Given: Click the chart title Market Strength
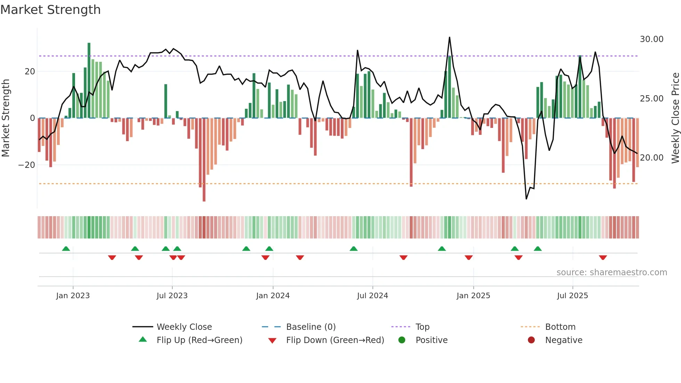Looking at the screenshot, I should [x=50, y=10].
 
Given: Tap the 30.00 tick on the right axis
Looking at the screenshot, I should [x=651, y=39].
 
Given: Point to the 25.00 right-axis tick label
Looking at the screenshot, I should [x=651, y=99].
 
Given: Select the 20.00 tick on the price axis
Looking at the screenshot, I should [x=651, y=158].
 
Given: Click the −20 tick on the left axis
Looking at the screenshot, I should [x=27, y=165].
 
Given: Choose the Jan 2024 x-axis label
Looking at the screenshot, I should [x=273, y=296].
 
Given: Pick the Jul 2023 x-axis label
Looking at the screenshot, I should [x=172, y=296].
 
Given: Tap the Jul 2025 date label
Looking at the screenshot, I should [x=572, y=296].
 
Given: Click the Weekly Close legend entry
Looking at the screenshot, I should [x=184, y=327].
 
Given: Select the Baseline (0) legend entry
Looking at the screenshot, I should [x=311, y=327].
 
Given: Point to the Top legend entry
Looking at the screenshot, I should [x=422, y=327].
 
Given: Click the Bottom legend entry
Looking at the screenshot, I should [x=560, y=327].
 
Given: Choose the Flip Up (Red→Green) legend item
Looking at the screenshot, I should [x=199, y=340].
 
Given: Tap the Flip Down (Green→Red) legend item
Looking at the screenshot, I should [x=335, y=340].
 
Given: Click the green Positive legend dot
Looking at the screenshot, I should [x=402, y=340].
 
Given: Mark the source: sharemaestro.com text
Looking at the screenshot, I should [x=612, y=272].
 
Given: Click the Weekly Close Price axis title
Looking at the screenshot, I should [x=675, y=118].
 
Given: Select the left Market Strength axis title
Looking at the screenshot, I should [x=6, y=118].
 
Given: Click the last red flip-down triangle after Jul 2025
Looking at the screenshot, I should [x=603, y=258].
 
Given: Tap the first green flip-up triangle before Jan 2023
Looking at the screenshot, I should [x=66, y=248].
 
